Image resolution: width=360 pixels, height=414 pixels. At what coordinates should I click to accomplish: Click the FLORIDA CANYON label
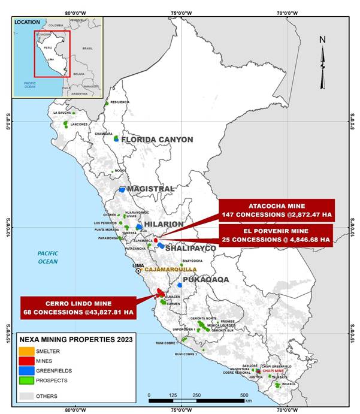(157, 140)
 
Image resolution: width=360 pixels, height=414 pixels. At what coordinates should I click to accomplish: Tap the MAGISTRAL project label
(150, 189)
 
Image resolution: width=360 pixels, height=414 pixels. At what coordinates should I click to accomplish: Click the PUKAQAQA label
(205, 279)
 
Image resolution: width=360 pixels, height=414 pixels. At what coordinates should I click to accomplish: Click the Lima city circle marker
(138, 270)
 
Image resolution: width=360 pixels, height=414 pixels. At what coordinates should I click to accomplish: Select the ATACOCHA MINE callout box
(274, 209)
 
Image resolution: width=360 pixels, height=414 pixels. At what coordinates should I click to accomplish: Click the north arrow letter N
(322, 40)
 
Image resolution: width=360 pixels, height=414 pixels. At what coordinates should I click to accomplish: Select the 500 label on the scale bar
(244, 395)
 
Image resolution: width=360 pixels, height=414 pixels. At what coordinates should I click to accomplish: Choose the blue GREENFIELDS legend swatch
(27, 371)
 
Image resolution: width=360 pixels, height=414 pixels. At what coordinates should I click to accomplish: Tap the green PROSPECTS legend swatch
(27, 380)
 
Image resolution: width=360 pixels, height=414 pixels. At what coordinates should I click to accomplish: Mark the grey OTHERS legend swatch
(27, 396)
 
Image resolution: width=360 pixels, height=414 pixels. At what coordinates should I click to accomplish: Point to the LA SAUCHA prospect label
(62, 113)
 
